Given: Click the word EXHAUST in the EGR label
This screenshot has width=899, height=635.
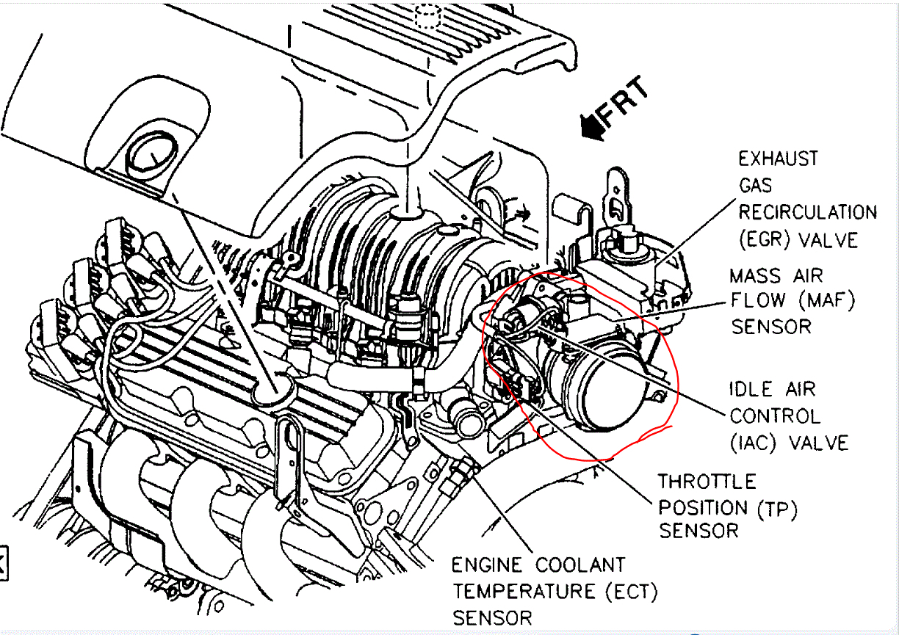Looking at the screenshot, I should [778, 159].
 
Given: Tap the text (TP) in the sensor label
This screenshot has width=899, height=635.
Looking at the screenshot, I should [776, 507].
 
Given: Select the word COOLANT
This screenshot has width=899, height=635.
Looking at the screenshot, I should [580, 565].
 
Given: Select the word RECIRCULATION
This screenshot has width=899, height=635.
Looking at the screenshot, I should [807, 212].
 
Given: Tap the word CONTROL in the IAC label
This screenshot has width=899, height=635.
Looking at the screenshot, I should [774, 416].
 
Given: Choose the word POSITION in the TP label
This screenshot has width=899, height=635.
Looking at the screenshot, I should [702, 507].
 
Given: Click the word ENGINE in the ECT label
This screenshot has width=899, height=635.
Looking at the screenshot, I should [487, 565].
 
